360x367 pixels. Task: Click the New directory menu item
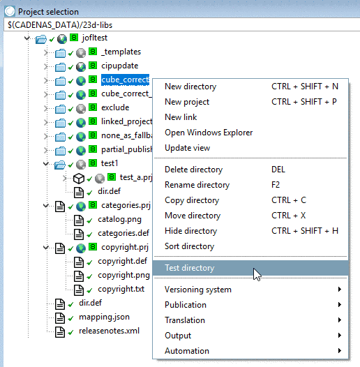click(190, 87)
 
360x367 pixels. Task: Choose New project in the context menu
click(186, 102)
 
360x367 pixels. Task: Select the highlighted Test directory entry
click(189, 268)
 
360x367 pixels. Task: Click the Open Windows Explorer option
click(209, 133)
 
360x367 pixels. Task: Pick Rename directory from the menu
click(197, 185)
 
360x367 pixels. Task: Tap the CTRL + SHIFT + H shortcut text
click(305, 231)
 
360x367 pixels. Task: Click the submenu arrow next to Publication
click(340, 305)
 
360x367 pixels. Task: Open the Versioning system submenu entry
click(197, 290)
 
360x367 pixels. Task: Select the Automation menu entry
click(186, 351)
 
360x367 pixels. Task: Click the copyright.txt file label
click(121, 289)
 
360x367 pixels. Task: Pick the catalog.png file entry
click(119, 219)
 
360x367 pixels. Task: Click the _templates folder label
click(121, 52)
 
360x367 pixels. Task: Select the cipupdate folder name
click(121, 66)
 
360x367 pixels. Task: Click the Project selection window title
click(48, 11)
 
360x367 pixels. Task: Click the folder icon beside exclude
click(60, 108)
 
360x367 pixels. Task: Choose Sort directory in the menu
click(189, 246)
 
